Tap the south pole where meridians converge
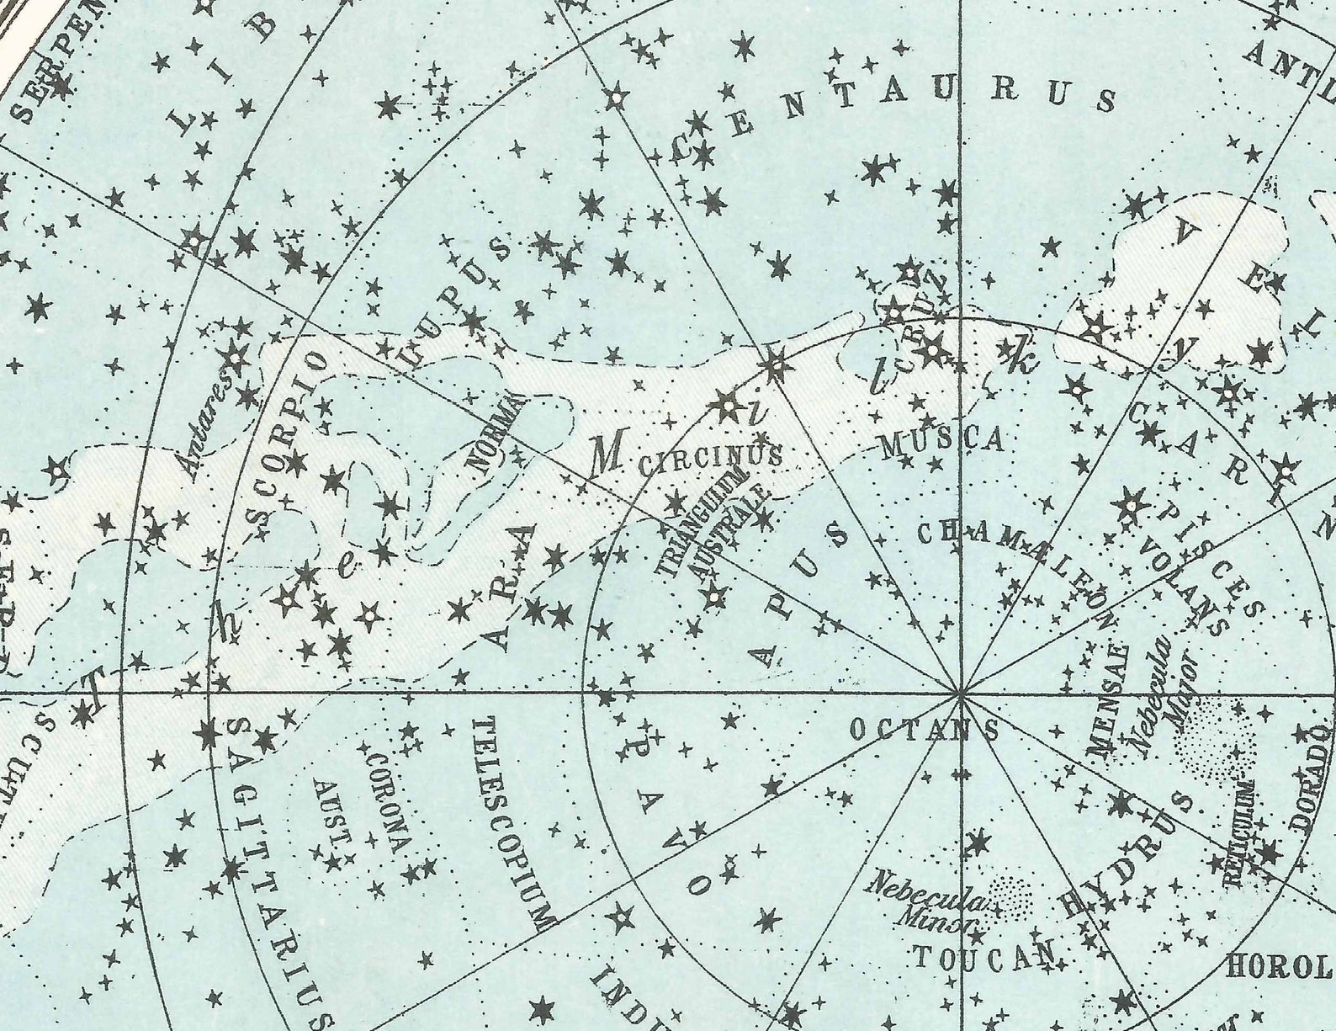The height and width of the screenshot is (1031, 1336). click(961, 694)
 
